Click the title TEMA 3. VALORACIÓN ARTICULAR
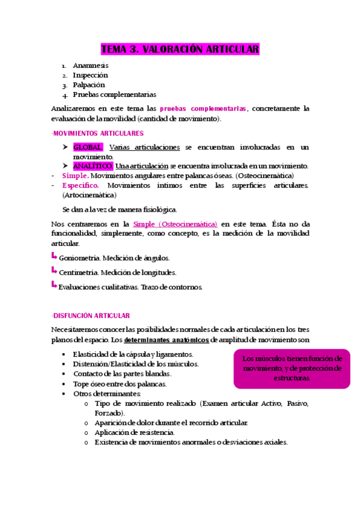point(180,49)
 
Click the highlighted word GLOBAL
point(88,147)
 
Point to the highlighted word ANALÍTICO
point(93,166)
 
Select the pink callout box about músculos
point(292,368)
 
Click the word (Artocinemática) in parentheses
point(90,195)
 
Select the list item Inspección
point(90,75)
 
